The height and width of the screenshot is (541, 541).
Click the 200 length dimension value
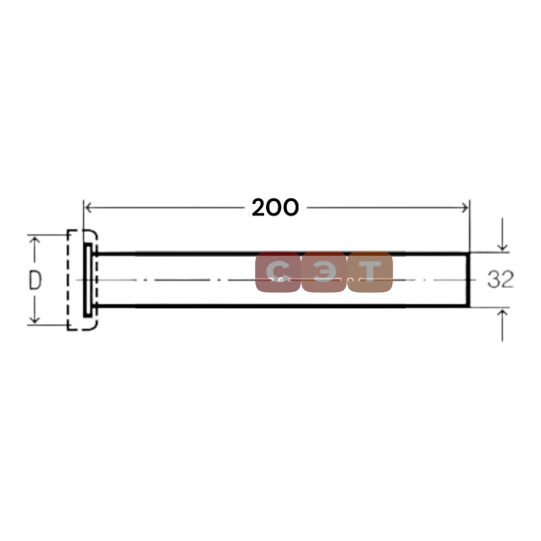tap(275, 207)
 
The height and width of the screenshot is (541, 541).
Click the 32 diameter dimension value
tap(500, 280)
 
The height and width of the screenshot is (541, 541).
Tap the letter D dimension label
tap(35, 280)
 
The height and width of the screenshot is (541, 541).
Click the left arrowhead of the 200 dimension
tap(88, 207)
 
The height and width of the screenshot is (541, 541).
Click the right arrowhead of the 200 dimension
tap(465, 207)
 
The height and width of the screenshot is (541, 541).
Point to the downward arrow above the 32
tap(502, 234)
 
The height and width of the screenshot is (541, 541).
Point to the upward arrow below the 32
tap(502, 326)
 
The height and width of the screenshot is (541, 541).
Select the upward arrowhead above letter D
tap(34, 241)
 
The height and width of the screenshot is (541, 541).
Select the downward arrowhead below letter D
tap(34, 319)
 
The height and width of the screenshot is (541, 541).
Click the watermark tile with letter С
tap(278, 272)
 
